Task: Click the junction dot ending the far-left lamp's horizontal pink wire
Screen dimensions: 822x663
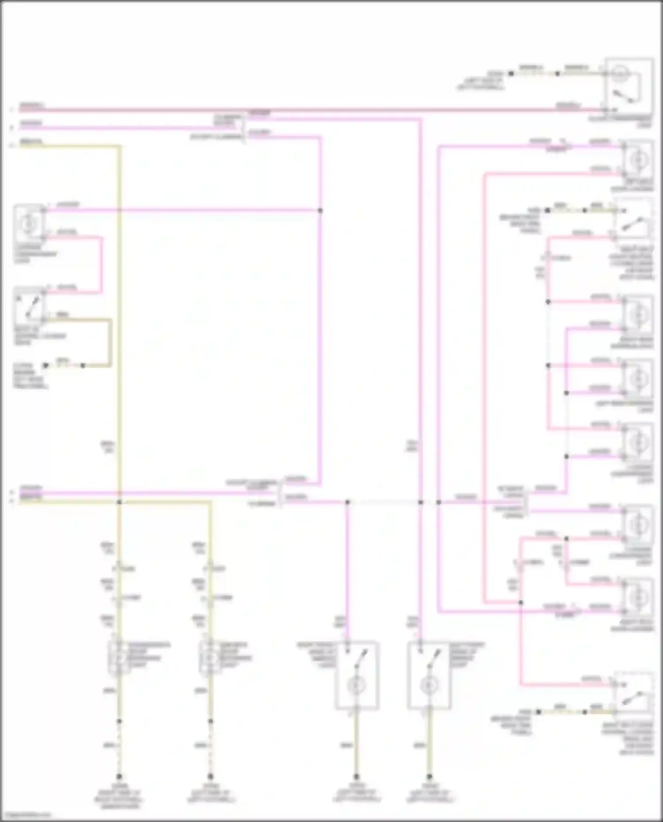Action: [x=320, y=211]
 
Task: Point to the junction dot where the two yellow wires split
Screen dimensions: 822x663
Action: [x=119, y=502]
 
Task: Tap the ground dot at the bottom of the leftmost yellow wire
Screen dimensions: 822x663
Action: [x=119, y=777]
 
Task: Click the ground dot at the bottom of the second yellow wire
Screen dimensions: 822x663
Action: [x=210, y=777]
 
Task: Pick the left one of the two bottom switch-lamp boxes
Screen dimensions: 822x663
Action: [x=357, y=675]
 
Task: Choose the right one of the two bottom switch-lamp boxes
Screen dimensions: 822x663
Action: [x=429, y=675]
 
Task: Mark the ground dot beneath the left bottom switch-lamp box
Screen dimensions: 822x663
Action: [x=356, y=777]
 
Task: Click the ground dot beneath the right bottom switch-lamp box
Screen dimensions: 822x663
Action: [x=429, y=777]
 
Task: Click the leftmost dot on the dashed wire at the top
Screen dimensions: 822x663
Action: [x=511, y=74]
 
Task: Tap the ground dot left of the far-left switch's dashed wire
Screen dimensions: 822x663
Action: [x=45, y=366]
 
